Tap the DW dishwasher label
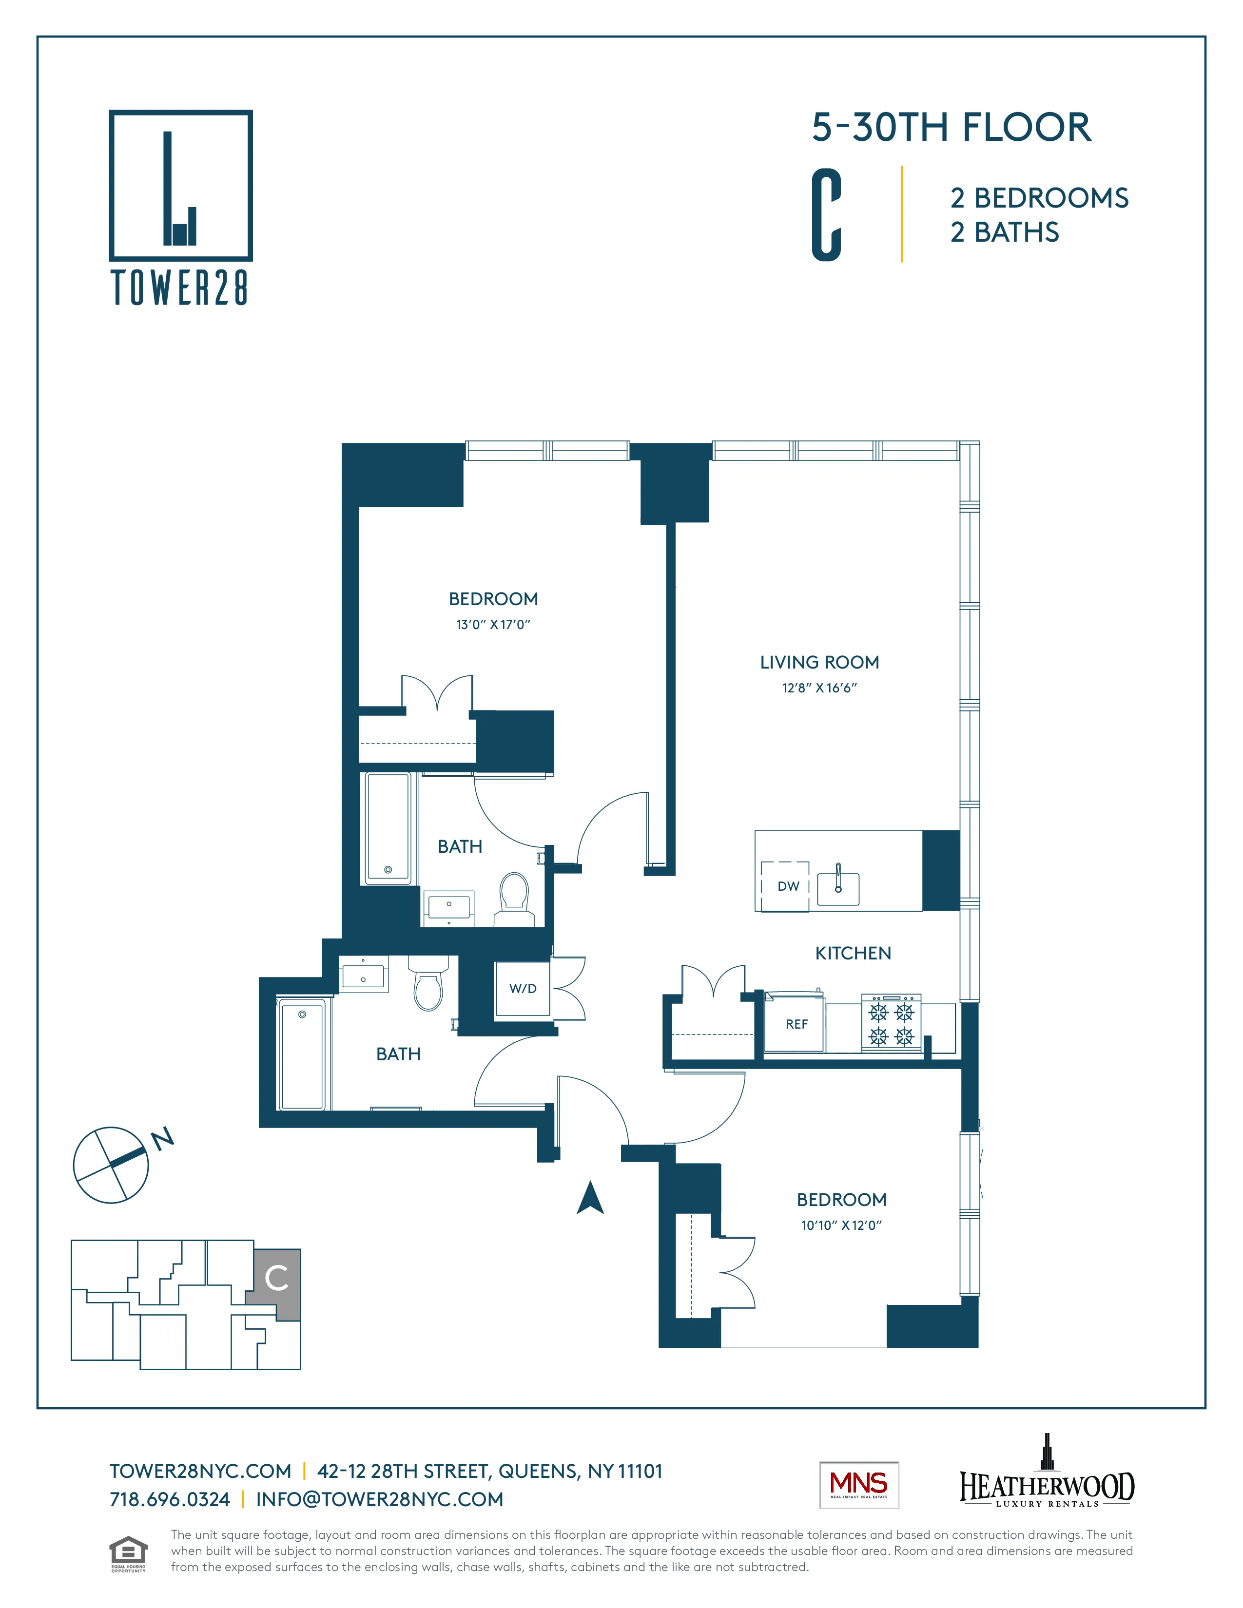[788, 886]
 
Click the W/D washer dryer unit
[523, 989]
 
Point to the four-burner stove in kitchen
[892, 1023]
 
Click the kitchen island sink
[838, 887]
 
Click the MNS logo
[858, 1485]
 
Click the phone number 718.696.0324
[169, 1500]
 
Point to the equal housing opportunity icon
[128, 1553]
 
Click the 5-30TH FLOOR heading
[951, 127]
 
